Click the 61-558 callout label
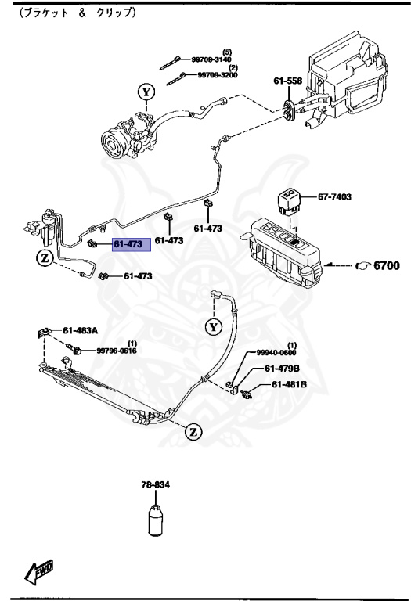tap(287, 81)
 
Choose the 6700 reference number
tap(386, 266)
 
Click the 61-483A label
tap(80, 330)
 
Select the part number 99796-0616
tap(116, 351)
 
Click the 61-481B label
tap(289, 384)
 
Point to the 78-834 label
tap(156, 485)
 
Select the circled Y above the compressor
tap(146, 93)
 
